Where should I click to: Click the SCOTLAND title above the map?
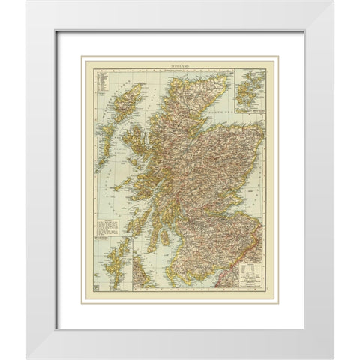click(x=178, y=66)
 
